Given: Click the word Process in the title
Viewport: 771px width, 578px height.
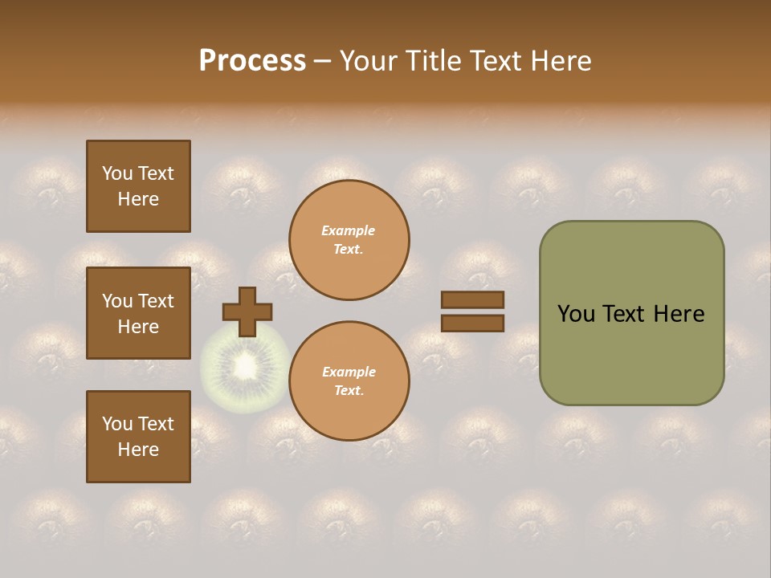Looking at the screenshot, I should click(x=252, y=61).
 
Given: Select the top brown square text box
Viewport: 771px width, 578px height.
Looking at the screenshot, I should click(x=138, y=186).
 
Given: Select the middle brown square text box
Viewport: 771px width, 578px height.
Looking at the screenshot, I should click(x=138, y=313).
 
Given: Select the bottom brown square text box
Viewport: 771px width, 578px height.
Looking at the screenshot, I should click(x=138, y=437).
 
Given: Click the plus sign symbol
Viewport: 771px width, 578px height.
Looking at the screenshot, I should click(x=247, y=311).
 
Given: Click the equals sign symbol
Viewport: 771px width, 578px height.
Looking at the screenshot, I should click(x=472, y=311).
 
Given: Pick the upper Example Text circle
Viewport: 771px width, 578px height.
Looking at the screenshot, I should click(x=349, y=240).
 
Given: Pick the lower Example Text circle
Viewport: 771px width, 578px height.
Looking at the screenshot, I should click(x=349, y=381).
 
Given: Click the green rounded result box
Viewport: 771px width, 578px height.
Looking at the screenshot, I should click(x=631, y=313).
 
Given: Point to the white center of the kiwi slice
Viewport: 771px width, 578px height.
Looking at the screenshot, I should click(x=244, y=368).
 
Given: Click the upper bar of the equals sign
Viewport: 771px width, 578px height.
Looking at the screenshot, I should click(x=472, y=299).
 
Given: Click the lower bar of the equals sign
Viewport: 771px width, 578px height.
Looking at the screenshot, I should click(x=472, y=324).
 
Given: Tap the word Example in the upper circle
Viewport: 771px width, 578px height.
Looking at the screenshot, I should click(x=349, y=231).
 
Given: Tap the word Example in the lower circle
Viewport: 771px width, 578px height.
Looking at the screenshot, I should click(x=349, y=372).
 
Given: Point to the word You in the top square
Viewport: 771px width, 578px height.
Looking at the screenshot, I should click(x=117, y=173).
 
